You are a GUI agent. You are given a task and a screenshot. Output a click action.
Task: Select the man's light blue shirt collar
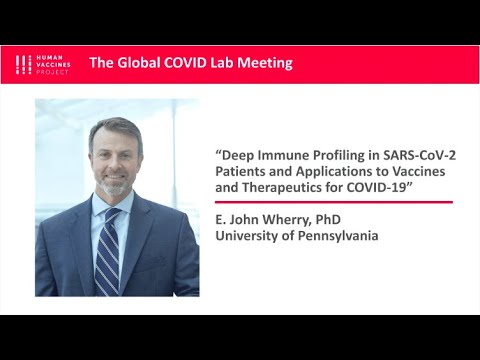(x=98, y=208)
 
